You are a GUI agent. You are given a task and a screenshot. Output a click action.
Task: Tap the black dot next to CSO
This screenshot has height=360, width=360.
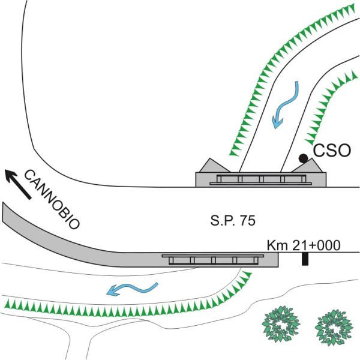point(304,158)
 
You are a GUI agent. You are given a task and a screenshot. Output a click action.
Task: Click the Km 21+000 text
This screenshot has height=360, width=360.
point(304,244)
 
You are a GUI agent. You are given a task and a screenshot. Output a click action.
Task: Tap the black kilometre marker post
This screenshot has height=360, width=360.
point(305,259)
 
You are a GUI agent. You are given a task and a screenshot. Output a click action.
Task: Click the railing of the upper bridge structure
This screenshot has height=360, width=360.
point(260,178)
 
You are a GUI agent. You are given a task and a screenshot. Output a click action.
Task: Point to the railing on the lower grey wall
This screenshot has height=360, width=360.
point(212,260)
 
